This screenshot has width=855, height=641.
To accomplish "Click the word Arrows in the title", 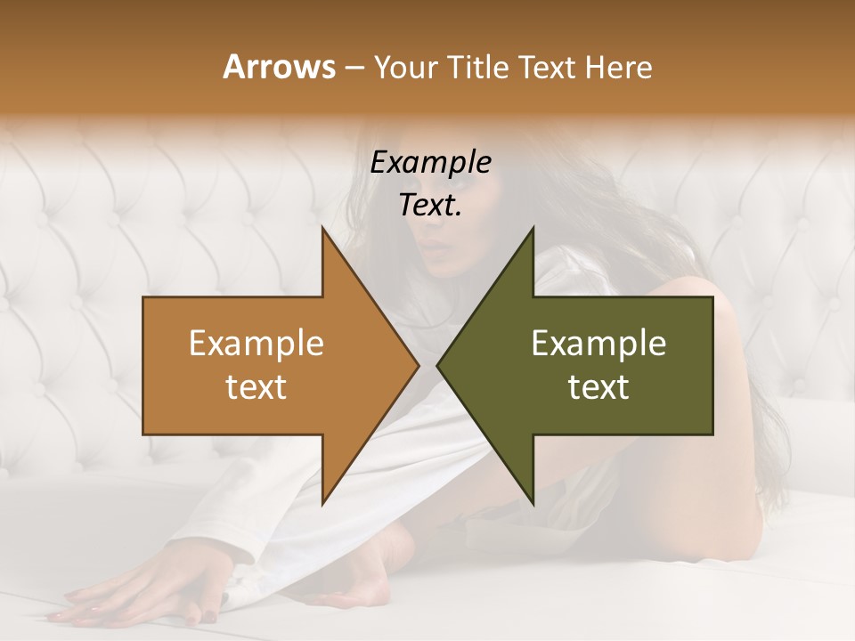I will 278,67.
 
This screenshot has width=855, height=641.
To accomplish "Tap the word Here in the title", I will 618,67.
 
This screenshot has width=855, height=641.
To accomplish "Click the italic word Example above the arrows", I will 430,163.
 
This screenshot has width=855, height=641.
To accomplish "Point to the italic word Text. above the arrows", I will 430,206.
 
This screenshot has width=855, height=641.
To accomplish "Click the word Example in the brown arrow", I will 256,344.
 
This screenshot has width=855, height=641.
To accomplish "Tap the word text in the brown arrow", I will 256,387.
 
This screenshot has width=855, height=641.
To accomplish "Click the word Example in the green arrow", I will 598,344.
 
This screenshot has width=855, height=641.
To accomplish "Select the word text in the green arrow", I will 598,387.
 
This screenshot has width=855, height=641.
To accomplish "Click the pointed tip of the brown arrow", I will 417,365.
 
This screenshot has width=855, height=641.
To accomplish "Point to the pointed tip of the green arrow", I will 439,365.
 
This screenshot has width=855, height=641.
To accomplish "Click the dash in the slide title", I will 353,69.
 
